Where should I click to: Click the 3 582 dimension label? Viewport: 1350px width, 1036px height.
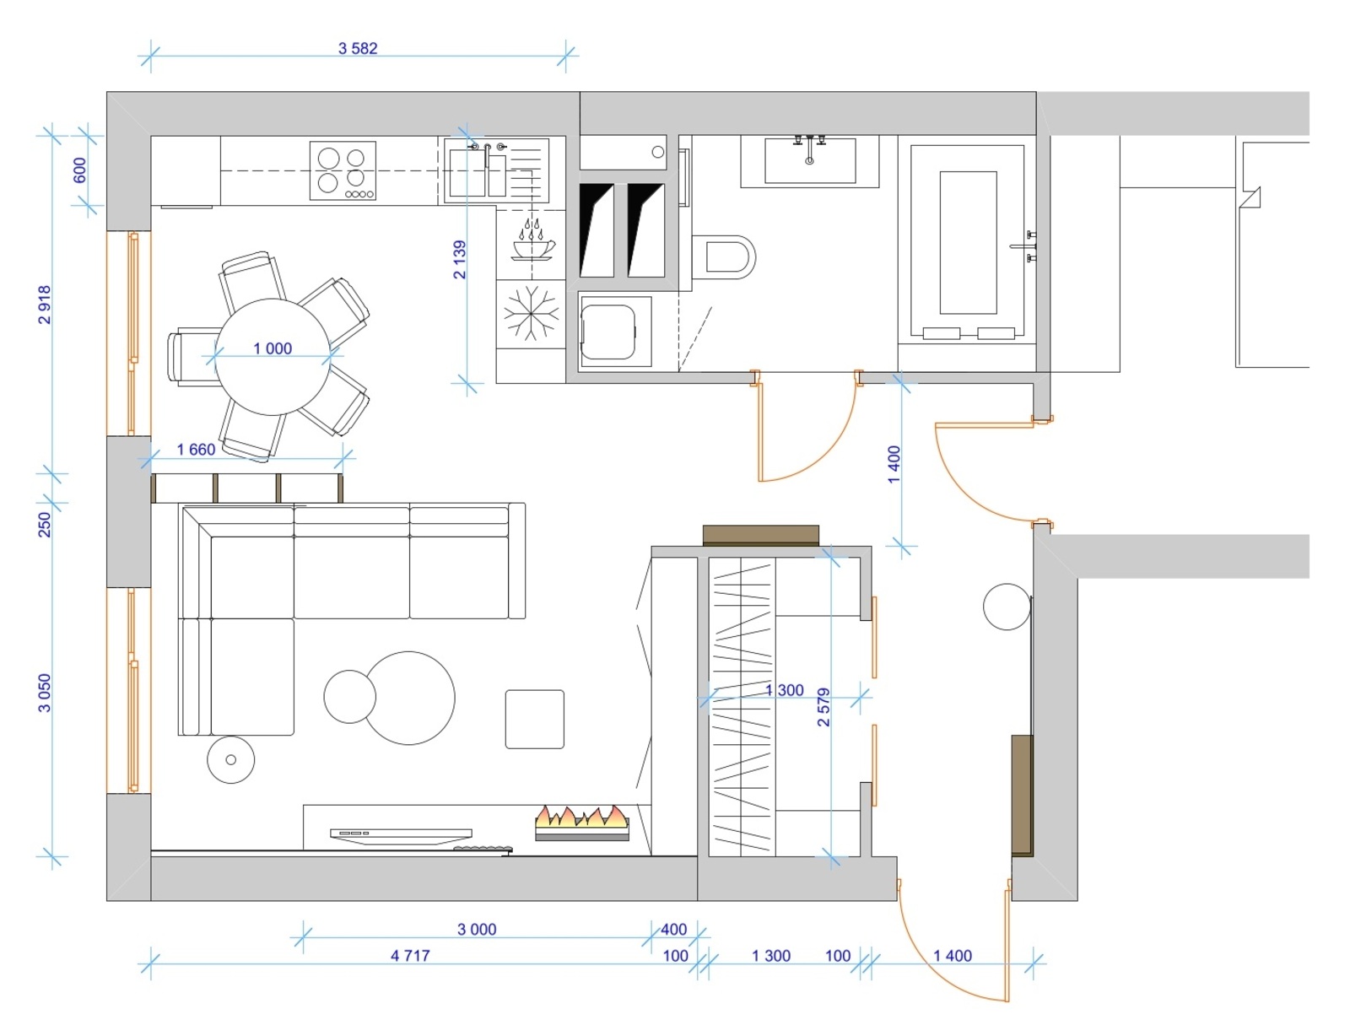tap(358, 48)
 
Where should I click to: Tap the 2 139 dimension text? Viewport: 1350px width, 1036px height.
tap(459, 260)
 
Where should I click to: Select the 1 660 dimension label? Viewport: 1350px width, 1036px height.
tap(196, 449)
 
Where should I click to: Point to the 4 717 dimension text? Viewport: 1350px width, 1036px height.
tap(410, 955)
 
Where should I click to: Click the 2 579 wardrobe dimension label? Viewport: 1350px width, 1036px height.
tap(823, 707)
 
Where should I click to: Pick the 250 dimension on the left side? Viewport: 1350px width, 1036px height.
tap(45, 524)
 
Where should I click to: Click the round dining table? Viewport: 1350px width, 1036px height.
tap(273, 357)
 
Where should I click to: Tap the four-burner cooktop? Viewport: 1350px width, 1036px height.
tap(343, 170)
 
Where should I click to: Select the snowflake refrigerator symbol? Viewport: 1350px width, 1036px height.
tap(531, 313)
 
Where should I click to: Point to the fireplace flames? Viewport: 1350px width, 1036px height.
tap(582, 817)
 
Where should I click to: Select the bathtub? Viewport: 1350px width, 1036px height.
tap(967, 243)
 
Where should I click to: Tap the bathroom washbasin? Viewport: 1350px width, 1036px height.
tap(809, 161)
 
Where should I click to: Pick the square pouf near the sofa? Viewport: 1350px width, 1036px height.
tap(534, 719)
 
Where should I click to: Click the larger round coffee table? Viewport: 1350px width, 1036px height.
tap(408, 698)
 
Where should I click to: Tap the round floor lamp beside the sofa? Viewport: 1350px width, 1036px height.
tap(230, 759)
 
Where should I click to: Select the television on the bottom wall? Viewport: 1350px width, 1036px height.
tap(401, 836)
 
